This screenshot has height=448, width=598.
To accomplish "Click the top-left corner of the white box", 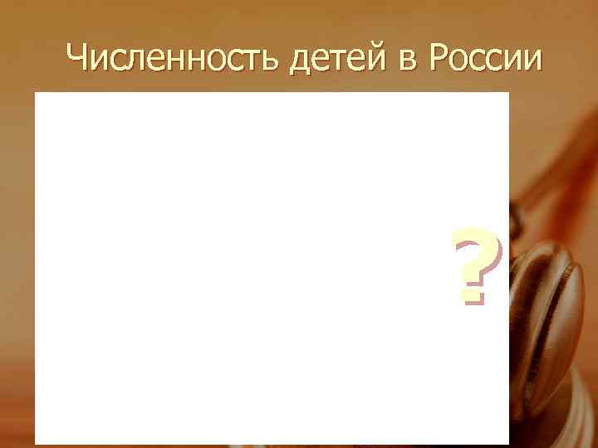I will click(36, 93).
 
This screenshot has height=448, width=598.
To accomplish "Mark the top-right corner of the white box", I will click(507, 93).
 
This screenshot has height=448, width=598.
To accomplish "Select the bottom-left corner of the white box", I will click(36, 443).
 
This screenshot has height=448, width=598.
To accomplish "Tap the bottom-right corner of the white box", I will click(507, 443).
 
